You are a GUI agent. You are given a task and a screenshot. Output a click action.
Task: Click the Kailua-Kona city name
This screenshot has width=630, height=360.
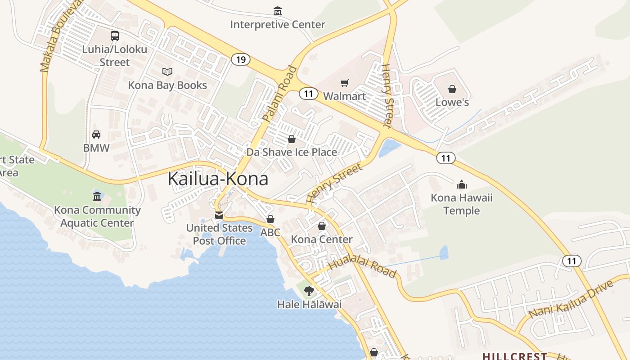(x=218, y=179)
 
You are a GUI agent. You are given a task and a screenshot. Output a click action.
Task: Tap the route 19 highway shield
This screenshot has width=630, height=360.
(x=241, y=59)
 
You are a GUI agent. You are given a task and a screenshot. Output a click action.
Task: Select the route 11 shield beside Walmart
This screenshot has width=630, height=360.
(x=308, y=94)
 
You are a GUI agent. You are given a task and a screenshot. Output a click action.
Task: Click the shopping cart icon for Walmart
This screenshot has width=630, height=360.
(x=344, y=83)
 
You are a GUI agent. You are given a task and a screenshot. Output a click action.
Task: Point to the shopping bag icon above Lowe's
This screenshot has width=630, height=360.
(x=452, y=89)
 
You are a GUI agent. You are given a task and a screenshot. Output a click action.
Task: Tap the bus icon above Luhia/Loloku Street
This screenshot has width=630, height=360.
(x=115, y=36)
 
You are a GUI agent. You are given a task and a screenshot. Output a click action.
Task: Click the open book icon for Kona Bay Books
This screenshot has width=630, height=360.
(x=167, y=72)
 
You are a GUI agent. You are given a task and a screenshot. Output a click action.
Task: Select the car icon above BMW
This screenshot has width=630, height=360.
(x=96, y=134)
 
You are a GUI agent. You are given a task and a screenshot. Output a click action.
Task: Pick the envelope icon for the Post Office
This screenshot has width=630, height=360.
(x=219, y=215)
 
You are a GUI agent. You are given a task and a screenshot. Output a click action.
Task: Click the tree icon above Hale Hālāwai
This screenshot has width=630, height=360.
(x=309, y=291)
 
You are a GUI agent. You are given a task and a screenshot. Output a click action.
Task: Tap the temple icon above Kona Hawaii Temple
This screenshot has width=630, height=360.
(x=461, y=184)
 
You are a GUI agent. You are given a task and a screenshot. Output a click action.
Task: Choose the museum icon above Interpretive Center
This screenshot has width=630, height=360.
(x=278, y=10)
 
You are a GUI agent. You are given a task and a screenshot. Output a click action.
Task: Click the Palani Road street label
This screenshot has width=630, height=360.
(x=280, y=94)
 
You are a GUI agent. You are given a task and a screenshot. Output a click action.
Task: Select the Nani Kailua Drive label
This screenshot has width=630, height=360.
(x=571, y=299)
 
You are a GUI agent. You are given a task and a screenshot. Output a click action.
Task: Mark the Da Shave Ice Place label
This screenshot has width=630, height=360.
(x=292, y=152)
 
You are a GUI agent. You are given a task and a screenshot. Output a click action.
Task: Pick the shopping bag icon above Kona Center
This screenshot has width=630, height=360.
(x=322, y=226)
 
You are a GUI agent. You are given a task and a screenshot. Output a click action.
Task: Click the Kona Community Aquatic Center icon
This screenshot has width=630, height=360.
(x=97, y=196)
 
